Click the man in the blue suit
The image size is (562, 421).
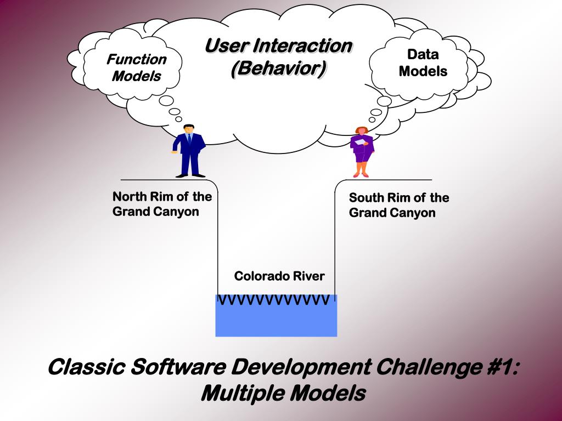coord(189,151)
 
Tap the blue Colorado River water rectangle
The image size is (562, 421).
coord(276,321)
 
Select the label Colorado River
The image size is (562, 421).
coord(279,276)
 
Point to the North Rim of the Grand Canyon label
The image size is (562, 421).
coord(162,204)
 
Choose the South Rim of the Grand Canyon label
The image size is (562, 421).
coord(399,205)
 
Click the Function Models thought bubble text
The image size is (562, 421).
coord(137,67)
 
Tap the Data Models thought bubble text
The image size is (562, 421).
coord(423,63)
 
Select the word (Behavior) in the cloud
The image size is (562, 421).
coord(278,69)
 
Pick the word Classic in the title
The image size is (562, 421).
coord(85,366)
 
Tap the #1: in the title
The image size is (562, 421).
coord(502,366)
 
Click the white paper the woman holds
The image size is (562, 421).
coord(359,141)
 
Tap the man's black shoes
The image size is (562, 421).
coord(190,175)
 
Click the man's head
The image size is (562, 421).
coord(188,129)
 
